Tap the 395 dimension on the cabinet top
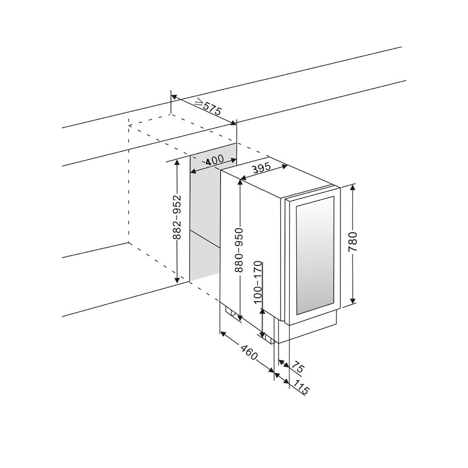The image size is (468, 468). pyautogui.click(x=263, y=168)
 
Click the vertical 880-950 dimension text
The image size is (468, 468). pyautogui.click(x=239, y=250)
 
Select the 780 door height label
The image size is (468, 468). pyautogui.click(x=353, y=242)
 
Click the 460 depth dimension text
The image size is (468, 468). pyautogui.click(x=249, y=352)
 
